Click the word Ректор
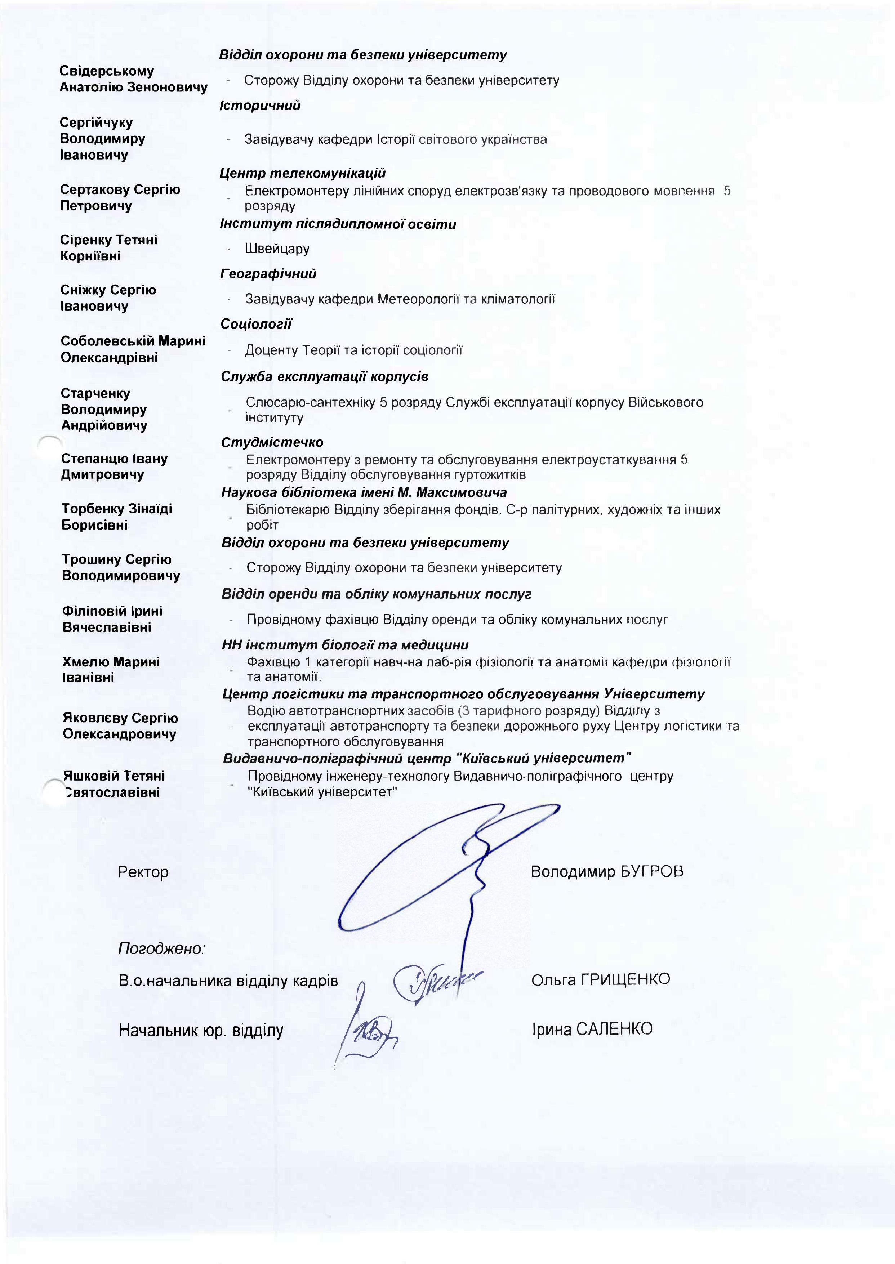click(143, 872)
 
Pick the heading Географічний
click(268, 274)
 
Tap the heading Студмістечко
click(272, 442)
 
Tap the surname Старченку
click(95, 393)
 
